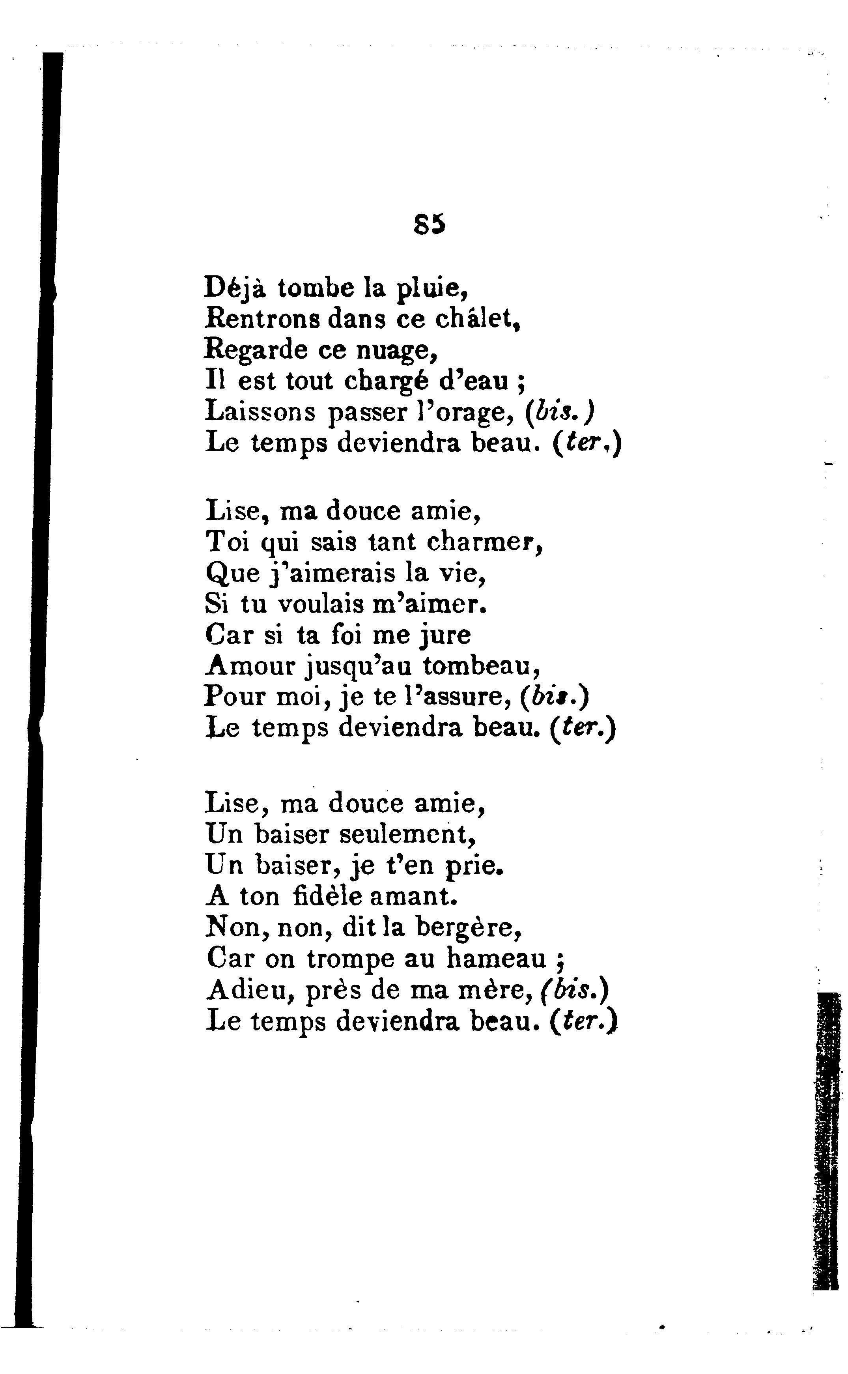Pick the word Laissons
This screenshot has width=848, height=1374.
tap(261, 412)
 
